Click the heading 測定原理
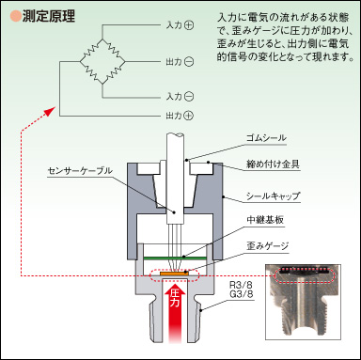click(49, 16)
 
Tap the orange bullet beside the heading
click(15, 16)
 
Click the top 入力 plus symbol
click(189, 25)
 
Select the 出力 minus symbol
click(189, 62)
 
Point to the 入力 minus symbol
click(189, 96)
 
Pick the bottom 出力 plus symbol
click(189, 116)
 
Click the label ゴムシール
click(266, 138)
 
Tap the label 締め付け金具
click(273, 164)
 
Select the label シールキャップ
click(273, 196)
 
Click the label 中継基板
click(265, 220)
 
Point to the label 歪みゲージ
click(267, 246)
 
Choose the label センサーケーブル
click(80, 171)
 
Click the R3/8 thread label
click(241, 286)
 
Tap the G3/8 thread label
click(241, 294)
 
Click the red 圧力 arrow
click(175, 311)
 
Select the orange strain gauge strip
click(175, 274)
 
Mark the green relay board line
click(175, 258)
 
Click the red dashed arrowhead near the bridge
click(50, 111)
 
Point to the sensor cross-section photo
click(303, 302)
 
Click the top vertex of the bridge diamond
click(102, 39)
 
